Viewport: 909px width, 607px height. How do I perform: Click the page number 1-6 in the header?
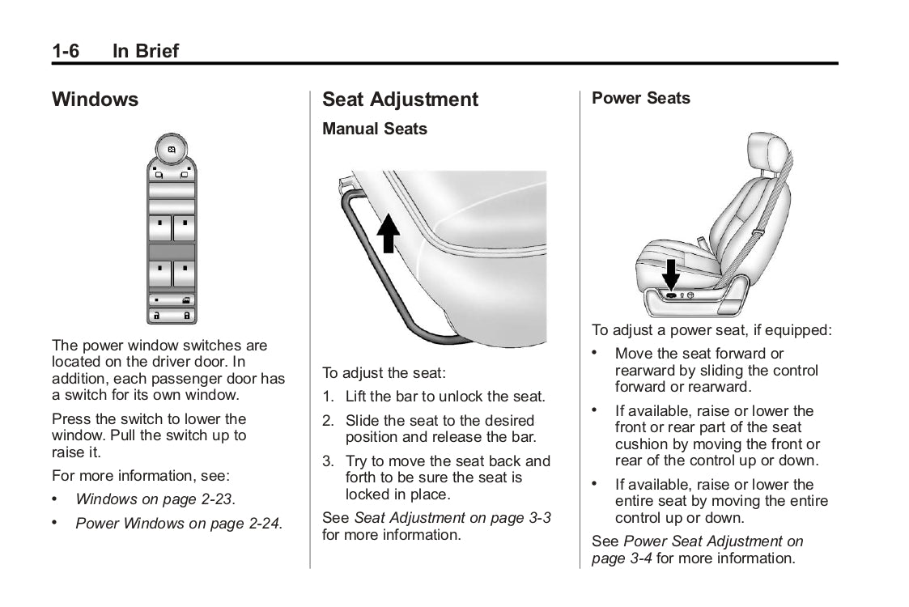click(66, 51)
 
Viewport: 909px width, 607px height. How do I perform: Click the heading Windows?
click(95, 100)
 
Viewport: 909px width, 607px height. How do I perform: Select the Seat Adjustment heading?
click(400, 100)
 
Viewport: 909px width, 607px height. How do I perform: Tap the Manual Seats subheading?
click(374, 129)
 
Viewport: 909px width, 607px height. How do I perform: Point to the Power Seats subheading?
click(640, 98)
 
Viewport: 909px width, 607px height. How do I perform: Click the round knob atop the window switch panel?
click(172, 150)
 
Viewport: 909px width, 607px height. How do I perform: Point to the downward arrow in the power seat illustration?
click(671, 274)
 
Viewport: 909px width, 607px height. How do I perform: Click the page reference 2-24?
click(261, 524)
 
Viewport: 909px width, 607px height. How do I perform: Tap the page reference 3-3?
click(537, 518)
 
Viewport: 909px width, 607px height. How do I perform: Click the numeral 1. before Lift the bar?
click(328, 397)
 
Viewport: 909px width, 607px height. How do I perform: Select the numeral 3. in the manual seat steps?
click(328, 461)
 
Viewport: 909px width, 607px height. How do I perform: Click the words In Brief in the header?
click(145, 51)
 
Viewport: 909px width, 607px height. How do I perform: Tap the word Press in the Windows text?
click(70, 419)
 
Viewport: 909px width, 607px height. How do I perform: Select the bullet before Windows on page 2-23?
click(56, 499)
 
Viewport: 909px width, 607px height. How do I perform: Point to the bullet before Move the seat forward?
click(596, 354)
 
